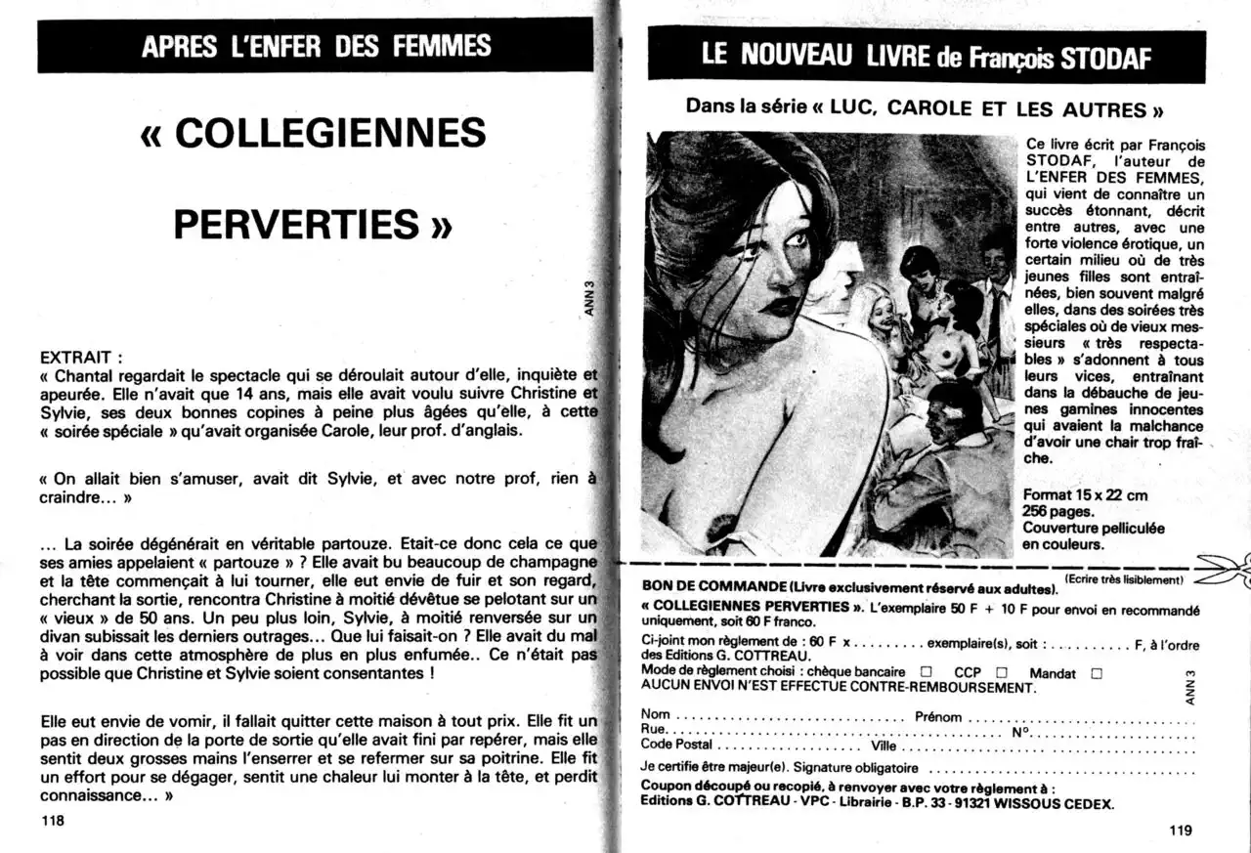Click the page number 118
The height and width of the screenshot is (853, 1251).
[53, 821]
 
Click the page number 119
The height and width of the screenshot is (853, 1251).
[1181, 831]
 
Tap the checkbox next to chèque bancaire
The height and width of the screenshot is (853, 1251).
[925, 673]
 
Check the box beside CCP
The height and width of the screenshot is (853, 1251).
[1001, 673]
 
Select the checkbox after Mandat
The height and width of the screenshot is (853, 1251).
[1096, 673]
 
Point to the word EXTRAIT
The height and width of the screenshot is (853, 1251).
[76, 358]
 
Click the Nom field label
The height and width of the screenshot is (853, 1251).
[655, 716]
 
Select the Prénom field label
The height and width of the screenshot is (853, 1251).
[938, 716]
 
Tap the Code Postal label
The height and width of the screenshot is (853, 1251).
[676, 745]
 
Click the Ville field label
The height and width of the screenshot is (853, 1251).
[883, 745]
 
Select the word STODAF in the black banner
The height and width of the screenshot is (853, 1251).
[1106, 59]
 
